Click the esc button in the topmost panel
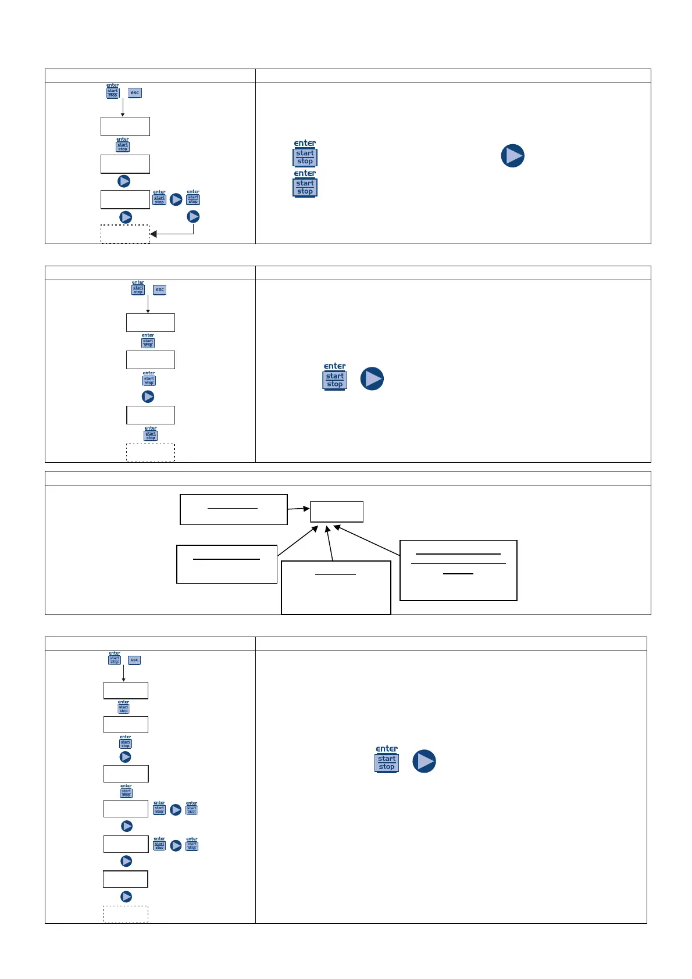tap(135, 92)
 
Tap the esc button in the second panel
tap(159, 290)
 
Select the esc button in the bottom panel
tap(134, 660)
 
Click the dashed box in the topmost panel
tap(125, 234)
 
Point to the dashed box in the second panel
tap(151, 453)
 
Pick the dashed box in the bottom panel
tap(126, 914)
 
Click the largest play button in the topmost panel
tap(513, 156)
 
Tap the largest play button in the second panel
tap(372, 378)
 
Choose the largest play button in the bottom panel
tap(425, 761)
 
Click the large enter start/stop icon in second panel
tap(335, 377)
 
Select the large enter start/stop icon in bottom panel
tap(387, 759)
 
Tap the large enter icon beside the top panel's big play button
tap(305, 154)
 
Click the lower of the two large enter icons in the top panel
tap(305, 184)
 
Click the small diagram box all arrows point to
tap(337, 512)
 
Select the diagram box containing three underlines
tap(458, 570)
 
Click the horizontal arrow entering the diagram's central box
tap(298, 509)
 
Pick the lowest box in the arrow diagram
tap(336, 587)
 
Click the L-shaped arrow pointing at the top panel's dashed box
tap(174, 233)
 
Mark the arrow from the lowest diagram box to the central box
tap(330, 543)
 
